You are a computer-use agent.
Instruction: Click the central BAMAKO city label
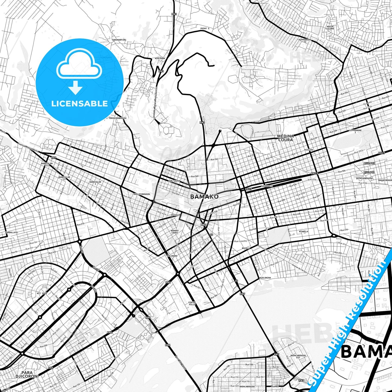(x=204, y=196)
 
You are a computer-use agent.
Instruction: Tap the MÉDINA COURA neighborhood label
(x=285, y=138)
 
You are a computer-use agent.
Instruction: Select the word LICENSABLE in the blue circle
(x=79, y=103)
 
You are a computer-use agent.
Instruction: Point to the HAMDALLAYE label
(x=11, y=232)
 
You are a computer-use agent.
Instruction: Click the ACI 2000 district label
(x=42, y=294)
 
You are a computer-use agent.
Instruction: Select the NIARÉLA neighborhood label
(x=303, y=231)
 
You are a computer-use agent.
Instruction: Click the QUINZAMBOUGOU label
(x=364, y=179)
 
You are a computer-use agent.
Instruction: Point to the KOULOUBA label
(x=160, y=58)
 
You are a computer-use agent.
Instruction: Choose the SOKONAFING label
(x=119, y=40)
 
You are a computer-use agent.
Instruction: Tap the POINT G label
(x=205, y=28)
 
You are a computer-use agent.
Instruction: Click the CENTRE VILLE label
(x=192, y=303)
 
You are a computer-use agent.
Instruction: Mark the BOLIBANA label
(x=172, y=256)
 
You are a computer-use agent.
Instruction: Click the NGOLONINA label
(x=265, y=278)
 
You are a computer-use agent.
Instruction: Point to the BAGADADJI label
(x=266, y=186)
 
